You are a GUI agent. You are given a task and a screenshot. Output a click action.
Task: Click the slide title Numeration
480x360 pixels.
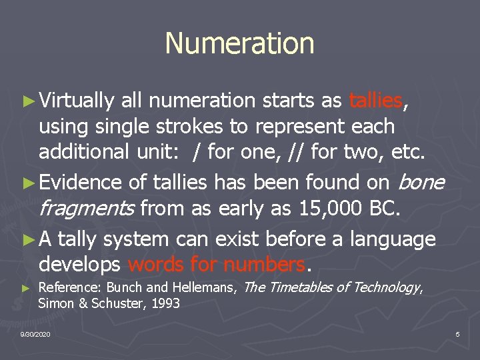pos(239,43)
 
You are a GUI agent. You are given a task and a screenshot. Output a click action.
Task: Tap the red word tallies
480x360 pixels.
pos(375,101)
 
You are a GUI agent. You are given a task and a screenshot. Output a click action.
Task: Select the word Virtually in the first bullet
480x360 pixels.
pos(76,101)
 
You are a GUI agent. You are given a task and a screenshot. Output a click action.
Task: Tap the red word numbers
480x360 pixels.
pos(265,265)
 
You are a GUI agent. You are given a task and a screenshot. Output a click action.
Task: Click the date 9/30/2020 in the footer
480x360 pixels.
pos(35,334)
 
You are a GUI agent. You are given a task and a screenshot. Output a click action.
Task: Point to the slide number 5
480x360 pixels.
pos(457,334)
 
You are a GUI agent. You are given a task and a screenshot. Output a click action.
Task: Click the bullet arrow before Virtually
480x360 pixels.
pos(27,101)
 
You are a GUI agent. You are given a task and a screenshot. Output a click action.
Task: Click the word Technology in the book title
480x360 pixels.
pos(386,288)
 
